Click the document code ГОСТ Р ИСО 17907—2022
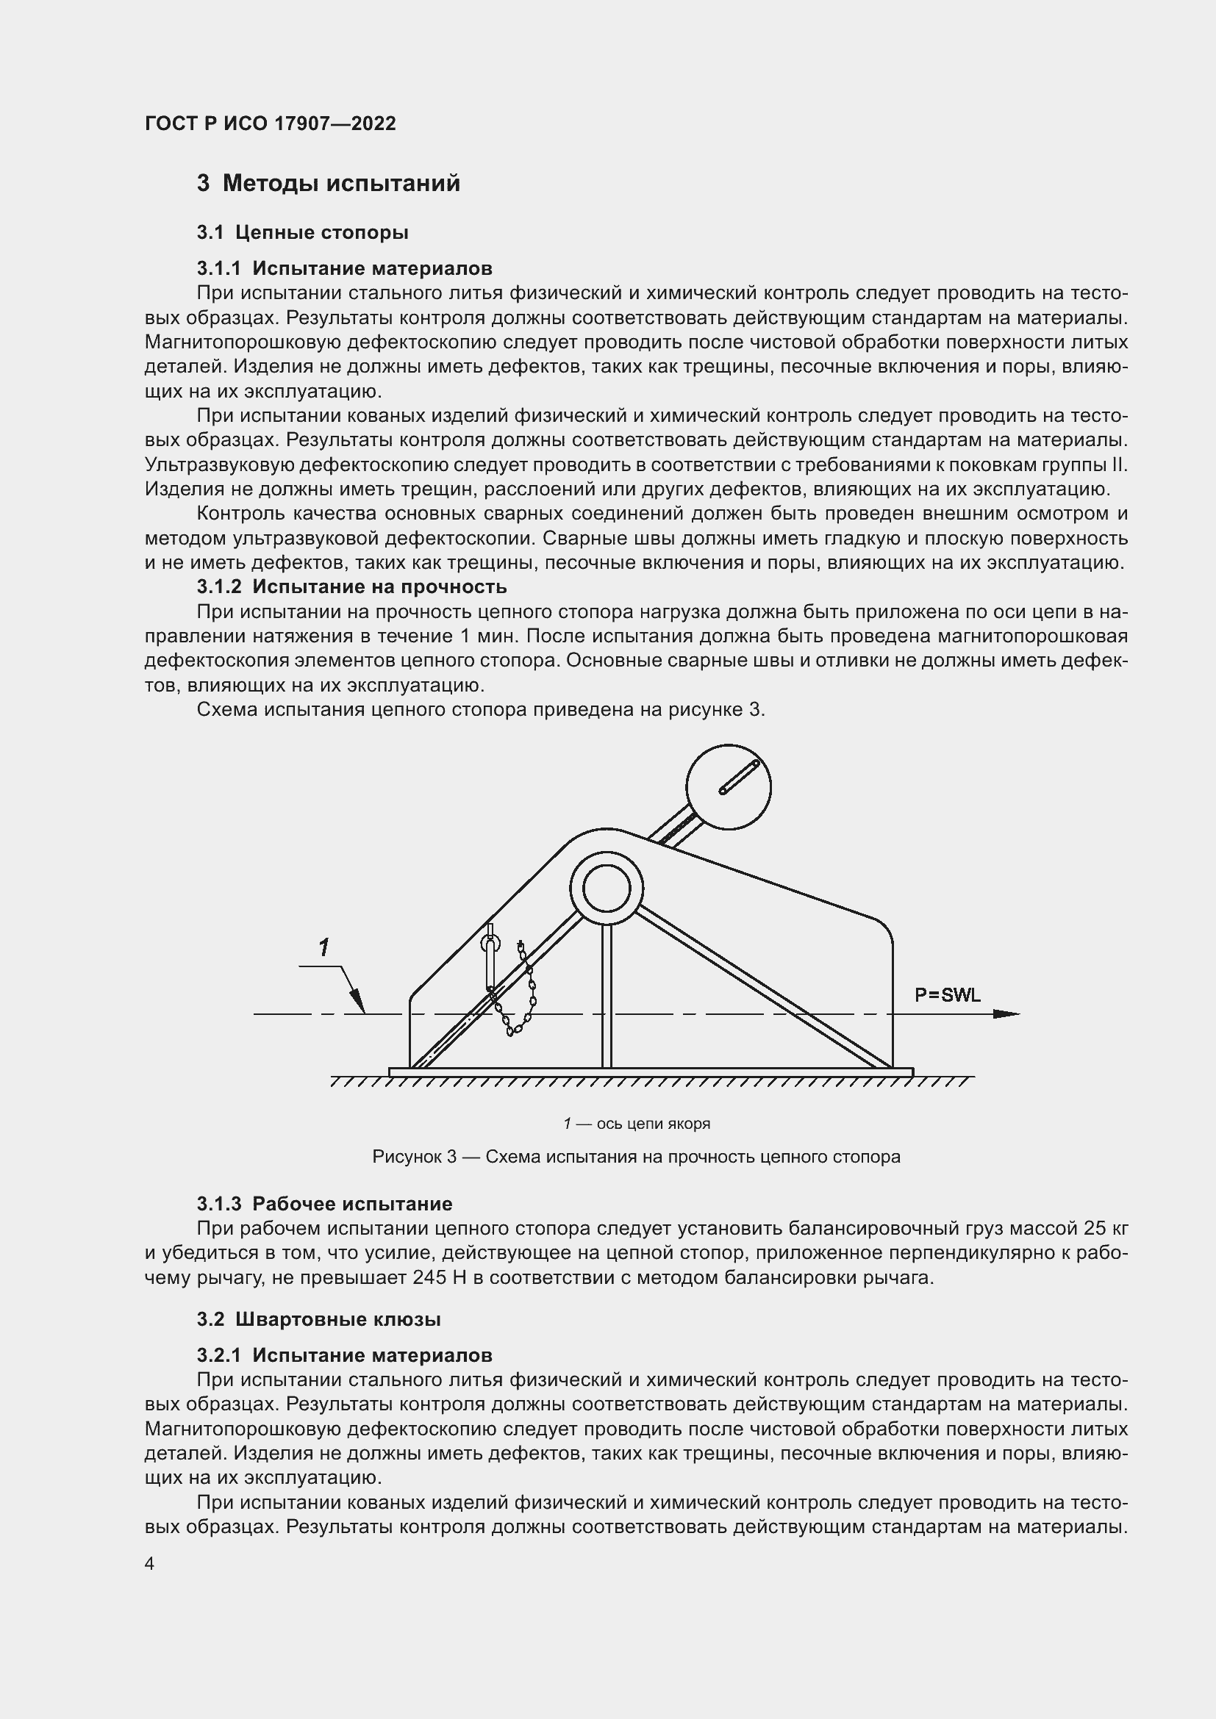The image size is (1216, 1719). (271, 123)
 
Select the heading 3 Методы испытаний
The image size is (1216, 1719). (328, 184)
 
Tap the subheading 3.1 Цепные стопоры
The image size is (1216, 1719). (302, 233)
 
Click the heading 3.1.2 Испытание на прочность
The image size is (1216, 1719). (351, 586)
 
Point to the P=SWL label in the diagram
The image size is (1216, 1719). (947, 995)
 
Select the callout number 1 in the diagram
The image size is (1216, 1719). (323, 948)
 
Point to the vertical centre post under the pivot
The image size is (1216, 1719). (607, 996)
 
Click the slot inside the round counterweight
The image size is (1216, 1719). (739, 778)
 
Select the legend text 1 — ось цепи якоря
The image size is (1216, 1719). (637, 1124)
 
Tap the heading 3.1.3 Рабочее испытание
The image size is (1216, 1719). (324, 1204)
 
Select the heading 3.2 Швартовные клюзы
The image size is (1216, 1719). (318, 1319)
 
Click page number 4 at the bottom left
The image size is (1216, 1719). (150, 1564)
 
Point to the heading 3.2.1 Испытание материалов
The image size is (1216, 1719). (344, 1355)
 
